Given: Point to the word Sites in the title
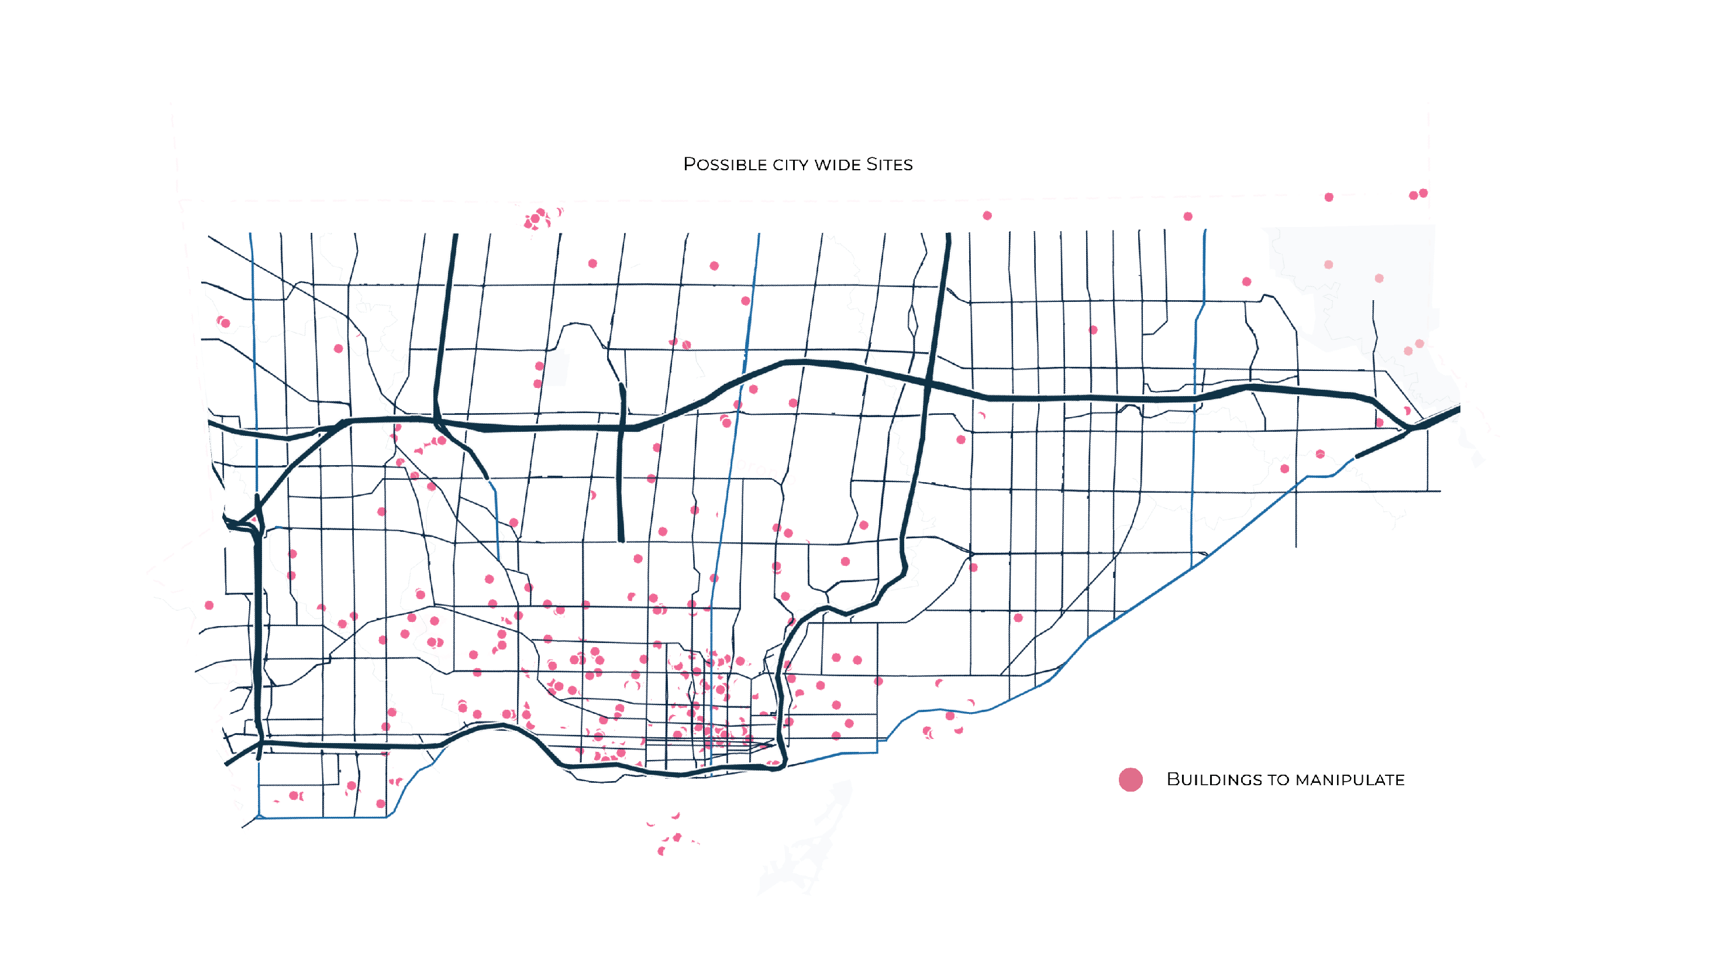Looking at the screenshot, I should point(890,164).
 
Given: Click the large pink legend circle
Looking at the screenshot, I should point(1131,779).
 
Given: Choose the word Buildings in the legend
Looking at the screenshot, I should point(1214,779).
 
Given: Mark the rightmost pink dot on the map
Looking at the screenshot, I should point(1424,193).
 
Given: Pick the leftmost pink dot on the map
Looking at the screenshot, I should point(209,605).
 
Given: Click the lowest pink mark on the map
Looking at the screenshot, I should point(661,851).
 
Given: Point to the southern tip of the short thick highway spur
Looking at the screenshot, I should point(622,539).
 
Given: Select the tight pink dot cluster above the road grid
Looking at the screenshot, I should point(537,218).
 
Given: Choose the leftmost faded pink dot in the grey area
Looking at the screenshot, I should point(1328,264).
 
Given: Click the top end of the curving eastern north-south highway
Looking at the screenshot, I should point(949,235).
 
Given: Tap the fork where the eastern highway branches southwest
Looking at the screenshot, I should point(1410,429).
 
